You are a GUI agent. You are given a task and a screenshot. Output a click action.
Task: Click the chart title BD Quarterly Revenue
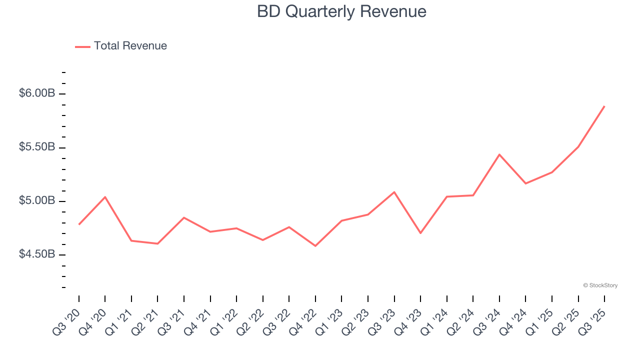pos(341,11)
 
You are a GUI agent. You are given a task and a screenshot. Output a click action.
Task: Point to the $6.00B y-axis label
pos(37,93)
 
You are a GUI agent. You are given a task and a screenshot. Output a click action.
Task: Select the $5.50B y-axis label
pos(37,147)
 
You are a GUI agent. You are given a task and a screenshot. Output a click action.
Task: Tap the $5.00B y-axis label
pos(37,201)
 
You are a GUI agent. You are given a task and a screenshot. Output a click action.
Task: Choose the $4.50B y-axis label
pos(37,254)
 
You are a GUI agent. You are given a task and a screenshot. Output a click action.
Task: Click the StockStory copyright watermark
pos(600,285)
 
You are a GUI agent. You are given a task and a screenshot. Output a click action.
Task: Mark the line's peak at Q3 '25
pos(604,106)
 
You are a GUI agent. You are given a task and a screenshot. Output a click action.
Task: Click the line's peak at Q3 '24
pos(499,154)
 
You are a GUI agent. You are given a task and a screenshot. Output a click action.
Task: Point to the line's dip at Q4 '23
pos(420,233)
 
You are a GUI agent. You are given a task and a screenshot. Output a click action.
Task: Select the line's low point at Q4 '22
pos(315,246)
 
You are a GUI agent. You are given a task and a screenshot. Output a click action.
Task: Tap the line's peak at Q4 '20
pos(105,197)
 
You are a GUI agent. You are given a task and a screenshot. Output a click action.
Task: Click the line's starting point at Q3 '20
pos(79,224)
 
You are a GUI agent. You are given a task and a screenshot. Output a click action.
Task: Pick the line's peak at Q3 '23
pos(394,192)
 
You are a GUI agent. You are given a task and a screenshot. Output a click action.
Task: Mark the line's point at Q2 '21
pos(157,243)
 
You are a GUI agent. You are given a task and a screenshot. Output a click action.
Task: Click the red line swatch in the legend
pos(82,46)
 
